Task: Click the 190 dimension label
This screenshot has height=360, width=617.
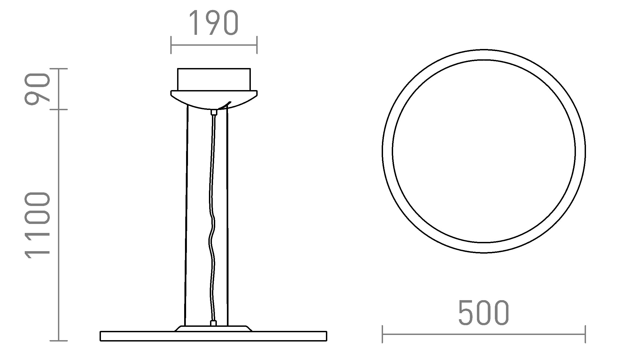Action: (214, 23)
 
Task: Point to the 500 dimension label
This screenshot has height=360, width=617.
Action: (483, 313)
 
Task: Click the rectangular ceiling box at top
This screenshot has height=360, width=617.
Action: (214, 79)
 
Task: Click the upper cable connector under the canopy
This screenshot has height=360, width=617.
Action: (214, 112)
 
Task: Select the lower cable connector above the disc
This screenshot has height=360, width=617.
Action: (214, 323)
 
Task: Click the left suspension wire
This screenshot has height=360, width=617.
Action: (186, 218)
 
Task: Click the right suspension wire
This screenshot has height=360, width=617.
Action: (227, 218)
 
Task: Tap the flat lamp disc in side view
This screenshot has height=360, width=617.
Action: (214, 336)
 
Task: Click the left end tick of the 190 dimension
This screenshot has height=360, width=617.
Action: (171, 45)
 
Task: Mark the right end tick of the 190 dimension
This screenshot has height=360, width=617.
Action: (257, 45)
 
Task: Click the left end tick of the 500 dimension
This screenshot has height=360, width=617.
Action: (382, 334)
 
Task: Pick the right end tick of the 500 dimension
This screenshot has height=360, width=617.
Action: (585, 334)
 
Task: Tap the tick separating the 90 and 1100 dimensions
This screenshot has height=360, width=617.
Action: (59, 110)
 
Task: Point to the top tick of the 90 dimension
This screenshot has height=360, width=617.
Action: (59, 69)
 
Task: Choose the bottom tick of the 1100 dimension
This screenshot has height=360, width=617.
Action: (59, 340)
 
